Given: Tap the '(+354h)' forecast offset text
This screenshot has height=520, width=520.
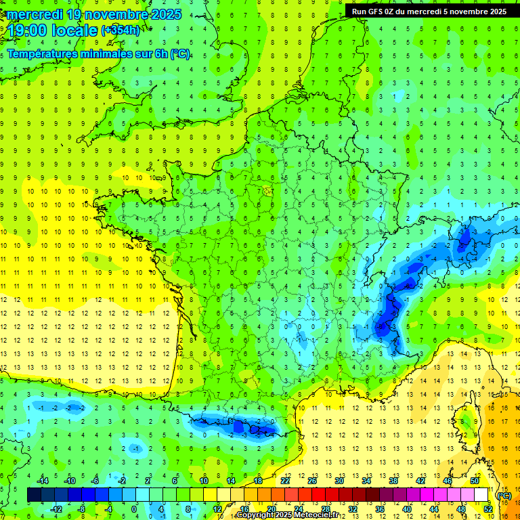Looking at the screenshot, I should (121, 30).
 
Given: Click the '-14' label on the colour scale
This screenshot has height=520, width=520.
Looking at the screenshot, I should (43, 481).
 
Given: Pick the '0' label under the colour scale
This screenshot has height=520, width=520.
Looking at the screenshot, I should (134, 509).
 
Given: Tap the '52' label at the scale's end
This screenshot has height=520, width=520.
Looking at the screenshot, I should (487, 509).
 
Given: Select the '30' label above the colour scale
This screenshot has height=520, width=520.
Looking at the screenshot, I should (339, 481).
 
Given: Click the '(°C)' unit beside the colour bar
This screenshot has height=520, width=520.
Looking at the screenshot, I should (504, 495).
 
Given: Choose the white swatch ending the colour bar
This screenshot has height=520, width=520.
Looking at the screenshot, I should (481, 495).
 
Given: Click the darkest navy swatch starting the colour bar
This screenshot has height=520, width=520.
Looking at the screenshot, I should (34, 495).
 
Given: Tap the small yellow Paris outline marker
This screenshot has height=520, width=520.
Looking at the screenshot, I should (268, 192).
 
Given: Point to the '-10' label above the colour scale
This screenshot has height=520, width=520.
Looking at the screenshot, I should (69, 481).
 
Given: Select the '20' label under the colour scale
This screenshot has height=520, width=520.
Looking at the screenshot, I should (271, 509).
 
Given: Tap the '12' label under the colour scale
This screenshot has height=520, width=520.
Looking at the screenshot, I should (217, 509).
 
